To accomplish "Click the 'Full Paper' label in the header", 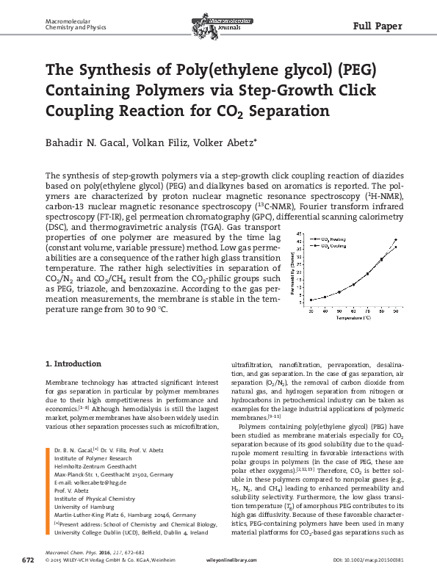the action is (378, 26).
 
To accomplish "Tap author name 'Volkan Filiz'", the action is (162, 142).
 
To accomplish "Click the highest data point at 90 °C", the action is (396, 239).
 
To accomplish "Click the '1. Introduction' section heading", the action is (73, 363).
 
